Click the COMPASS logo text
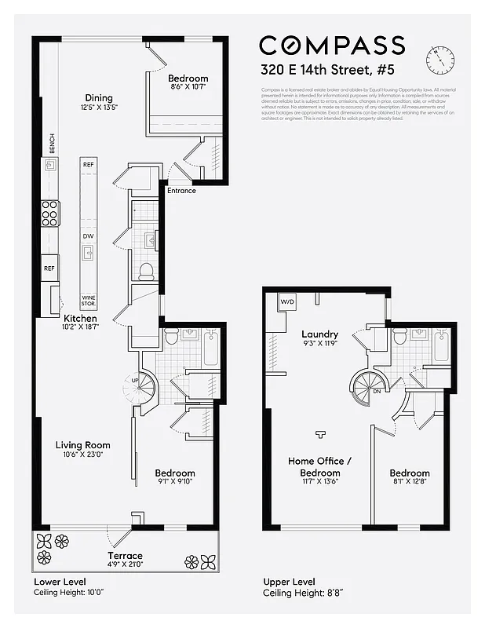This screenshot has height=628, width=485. coord(332,46)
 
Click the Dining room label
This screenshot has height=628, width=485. coord(99,97)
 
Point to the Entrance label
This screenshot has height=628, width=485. coord(181,191)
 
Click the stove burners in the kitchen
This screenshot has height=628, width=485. coord(50,213)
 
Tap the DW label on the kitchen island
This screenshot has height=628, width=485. coord(89,235)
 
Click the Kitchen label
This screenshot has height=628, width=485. coord(80,318)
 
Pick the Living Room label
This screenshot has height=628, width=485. coord(82,445)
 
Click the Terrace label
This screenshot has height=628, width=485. coord(125,555)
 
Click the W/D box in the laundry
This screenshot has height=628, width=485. coord(286,301)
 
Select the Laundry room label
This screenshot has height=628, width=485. coord(319,334)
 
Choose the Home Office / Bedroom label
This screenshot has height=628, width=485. coord(320,467)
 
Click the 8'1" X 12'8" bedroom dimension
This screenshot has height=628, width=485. coord(410,482)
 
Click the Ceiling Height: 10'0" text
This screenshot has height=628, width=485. coord(69,593)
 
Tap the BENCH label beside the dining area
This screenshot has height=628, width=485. coord(52,143)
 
